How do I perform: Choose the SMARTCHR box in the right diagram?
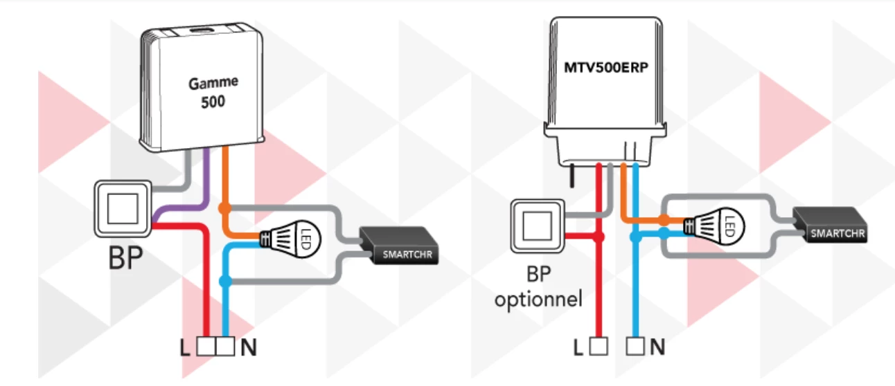pyautogui.click(x=829, y=226)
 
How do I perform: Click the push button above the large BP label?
pyautogui.click(x=123, y=207)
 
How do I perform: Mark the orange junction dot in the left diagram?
pyautogui.click(x=224, y=208)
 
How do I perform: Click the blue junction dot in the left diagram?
pyautogui.click(x=224, y=281)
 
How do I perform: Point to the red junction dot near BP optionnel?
pyautogui.click(x=600, y=237)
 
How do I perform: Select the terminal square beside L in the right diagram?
pyautogui.click(x=600, y=346)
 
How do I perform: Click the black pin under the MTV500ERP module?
pyautogui.click(x=574, y=176)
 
